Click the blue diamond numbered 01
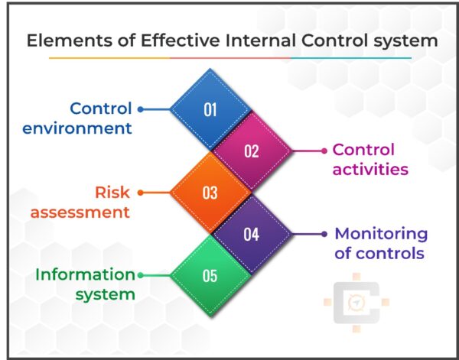210,109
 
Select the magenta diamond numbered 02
252,151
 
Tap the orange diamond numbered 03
210,193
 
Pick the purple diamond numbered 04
252,234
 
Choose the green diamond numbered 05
210,276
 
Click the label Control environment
76,118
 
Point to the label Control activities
369,159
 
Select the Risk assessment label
80,202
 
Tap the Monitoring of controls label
381,243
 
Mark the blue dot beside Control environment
141,109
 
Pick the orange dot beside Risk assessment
141,193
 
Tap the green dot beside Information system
141,276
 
